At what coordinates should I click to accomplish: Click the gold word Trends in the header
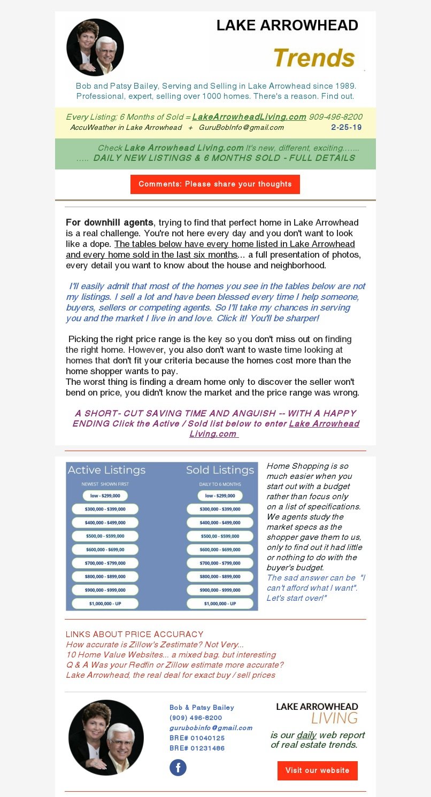coord(314,58)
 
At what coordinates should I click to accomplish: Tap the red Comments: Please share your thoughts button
coord(215,184)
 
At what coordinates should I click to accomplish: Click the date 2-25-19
coord(346,127)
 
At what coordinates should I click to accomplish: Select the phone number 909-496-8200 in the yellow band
coord(335,117)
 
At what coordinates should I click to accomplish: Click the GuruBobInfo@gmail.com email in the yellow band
coord(241,127)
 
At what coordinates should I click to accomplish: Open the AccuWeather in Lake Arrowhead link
coord(126,127)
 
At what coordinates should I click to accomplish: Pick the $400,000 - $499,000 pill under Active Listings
coord(105,522)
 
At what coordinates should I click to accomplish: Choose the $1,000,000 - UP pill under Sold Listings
coord(220,603)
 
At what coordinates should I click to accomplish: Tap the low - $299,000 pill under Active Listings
coord(105,496)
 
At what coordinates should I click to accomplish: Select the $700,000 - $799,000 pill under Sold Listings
coord(220,563)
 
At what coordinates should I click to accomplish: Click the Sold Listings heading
coord(220,470)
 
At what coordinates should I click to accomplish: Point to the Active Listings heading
coord(106,470)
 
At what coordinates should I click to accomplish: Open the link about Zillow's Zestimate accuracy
coord(155,645)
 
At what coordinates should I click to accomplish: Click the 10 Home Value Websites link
coord(171,655)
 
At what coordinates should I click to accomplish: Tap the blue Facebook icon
coord(178,768)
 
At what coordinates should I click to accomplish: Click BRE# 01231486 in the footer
coord(197,748)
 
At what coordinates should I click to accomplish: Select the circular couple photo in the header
coord(95,47)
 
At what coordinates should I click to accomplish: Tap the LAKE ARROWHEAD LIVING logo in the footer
coord(317,713)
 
